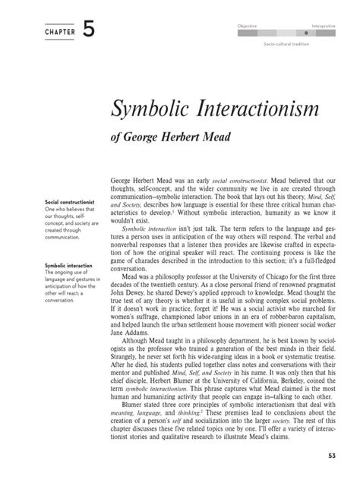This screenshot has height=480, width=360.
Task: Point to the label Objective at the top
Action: tap(247, 26)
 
